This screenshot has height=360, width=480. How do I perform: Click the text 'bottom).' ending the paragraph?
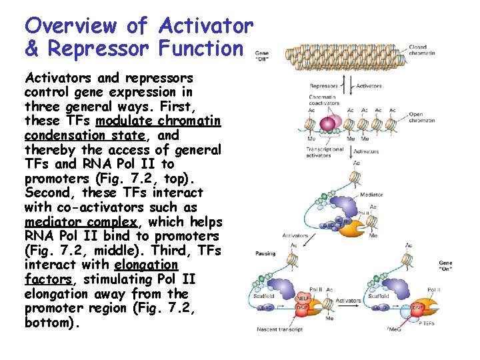point(52,324)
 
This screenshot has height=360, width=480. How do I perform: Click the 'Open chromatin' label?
point(421,117)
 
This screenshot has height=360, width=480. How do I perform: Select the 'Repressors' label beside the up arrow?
point(323,86)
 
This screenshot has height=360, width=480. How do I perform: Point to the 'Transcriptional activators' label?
point(325,152)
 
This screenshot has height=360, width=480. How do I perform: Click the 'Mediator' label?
point(371,195)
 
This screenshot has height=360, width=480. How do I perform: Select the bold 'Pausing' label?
point(265,253)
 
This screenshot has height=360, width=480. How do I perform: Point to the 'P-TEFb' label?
point(428,323)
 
